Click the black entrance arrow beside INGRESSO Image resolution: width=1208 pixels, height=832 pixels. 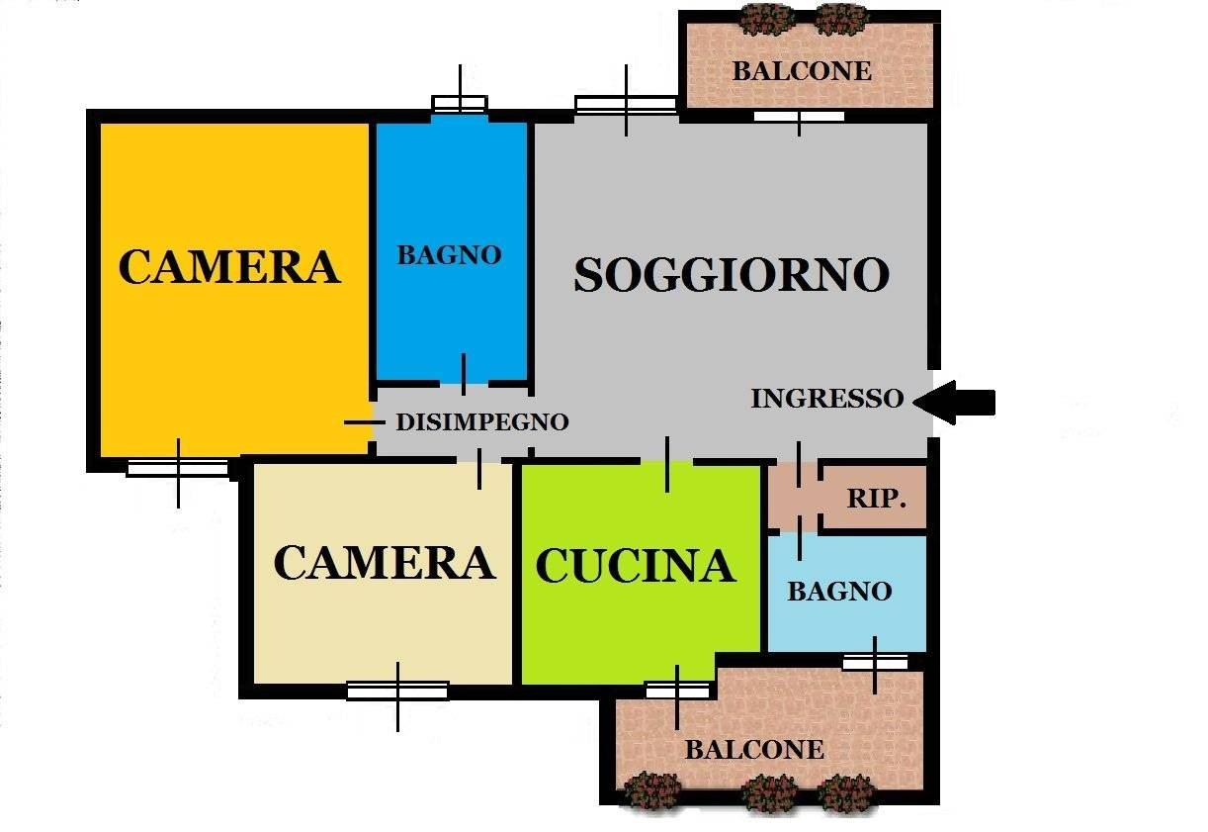954,402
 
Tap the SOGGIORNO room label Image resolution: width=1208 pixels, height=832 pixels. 732,275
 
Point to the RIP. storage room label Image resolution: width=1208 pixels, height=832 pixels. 876,498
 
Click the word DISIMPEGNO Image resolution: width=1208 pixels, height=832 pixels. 482,421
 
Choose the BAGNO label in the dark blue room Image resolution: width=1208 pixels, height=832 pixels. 449,254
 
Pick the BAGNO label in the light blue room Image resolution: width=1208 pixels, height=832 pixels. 839,591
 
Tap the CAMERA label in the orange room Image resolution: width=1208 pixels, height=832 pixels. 229,266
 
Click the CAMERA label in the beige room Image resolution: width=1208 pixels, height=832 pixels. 385,563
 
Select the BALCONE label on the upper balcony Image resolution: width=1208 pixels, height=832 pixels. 802,71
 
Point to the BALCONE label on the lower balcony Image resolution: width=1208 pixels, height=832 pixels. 754,750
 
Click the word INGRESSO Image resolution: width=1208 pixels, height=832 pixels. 827,399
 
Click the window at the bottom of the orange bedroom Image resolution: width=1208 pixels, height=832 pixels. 178,468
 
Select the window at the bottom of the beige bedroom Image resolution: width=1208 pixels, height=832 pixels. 398,691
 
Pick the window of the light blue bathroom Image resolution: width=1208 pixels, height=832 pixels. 875,662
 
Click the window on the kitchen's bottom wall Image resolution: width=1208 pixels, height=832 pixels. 677,691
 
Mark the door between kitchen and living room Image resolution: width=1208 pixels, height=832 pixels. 667,462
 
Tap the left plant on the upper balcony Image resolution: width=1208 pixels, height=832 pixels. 767,19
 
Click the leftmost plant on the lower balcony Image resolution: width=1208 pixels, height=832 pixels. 653,791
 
